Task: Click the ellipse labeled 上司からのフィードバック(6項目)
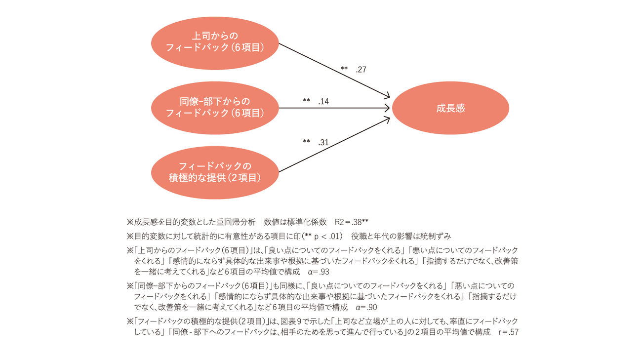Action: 215,43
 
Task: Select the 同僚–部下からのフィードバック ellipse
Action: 215,108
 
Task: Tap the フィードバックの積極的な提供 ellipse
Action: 215,172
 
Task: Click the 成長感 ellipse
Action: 450,108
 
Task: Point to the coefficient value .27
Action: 361,70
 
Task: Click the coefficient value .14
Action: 323,101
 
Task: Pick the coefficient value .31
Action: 323,142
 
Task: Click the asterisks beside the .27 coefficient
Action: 344,68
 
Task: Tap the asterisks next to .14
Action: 306,100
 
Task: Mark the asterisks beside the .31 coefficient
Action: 306,141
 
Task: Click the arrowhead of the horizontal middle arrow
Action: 387,108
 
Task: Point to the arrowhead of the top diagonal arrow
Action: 387,96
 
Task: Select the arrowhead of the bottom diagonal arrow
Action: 387,120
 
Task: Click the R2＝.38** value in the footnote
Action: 352,222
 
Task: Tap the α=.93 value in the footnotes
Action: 319,272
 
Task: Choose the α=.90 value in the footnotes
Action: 366,307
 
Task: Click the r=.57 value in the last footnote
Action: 509,332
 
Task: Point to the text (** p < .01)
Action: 322,236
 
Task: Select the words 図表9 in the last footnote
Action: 291,321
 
